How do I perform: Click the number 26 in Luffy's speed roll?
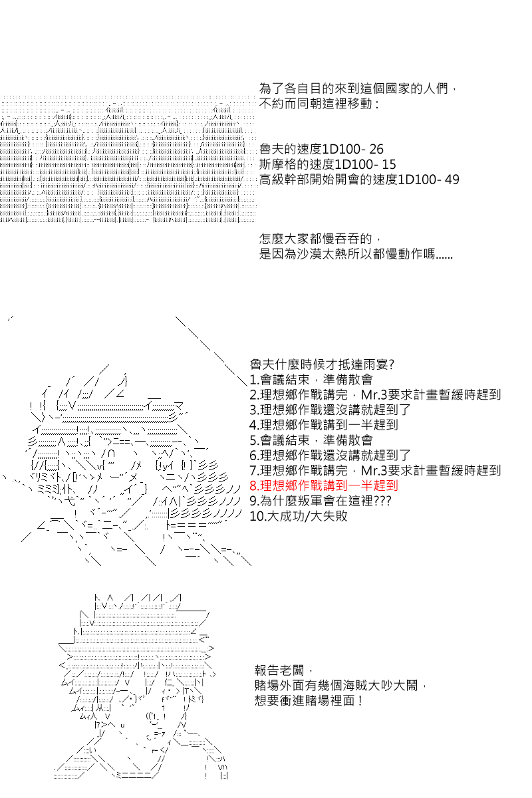[x=376, y=149]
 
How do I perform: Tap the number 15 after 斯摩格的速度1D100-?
[x=389, y=165]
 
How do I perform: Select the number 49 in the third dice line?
[x=452, y=180]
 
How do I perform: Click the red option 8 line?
[x=324, y=485]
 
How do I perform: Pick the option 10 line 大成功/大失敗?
[x=299, y=516]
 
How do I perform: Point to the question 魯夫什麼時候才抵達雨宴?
[x=322, y=364]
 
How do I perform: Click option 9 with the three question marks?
[x=321, y=501]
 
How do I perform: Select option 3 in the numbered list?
[x=331, y=410]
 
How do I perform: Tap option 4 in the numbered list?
[x=324, y=425]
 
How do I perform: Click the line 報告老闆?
[x=284, y=670]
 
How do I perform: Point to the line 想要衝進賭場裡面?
[x=309, y=701]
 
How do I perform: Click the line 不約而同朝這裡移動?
[x=319, y=104]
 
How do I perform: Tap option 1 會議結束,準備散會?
[x=311, y=380]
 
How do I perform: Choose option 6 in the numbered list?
[x=331, y=456]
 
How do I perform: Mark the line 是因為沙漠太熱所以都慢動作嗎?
[x=356, y=254]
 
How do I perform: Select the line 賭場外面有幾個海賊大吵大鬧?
[x=340, y=686]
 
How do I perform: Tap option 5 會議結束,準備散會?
[x=311, y=440]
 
